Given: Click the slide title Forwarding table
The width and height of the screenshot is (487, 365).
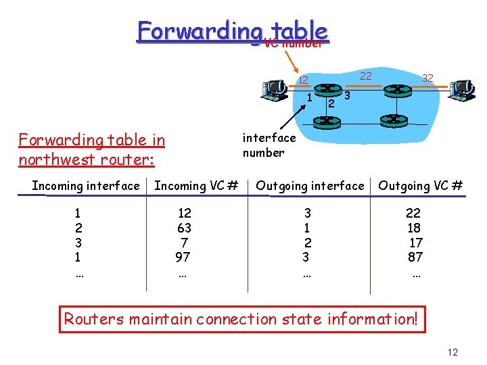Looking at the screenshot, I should click(232, 30).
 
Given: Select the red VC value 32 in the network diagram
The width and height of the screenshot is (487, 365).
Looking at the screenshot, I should click(427, 78).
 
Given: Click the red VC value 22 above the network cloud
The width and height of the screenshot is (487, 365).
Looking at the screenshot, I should click(365, 76).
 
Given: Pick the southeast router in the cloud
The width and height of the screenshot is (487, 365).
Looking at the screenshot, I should click(393, 120).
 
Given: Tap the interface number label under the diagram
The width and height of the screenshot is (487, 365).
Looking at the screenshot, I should click(269, 145).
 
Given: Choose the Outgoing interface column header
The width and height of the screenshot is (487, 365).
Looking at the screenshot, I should click(310, 185).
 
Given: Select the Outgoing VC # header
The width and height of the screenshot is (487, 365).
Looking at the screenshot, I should click(420, 185).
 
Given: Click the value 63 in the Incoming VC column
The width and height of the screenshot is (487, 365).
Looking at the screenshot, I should click(184, 228).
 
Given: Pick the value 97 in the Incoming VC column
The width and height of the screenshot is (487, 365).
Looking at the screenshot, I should click(183, 257).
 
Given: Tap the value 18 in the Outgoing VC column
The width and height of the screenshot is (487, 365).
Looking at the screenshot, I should click(415, 228).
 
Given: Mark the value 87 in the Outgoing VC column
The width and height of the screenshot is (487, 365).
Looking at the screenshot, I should click(415, 257).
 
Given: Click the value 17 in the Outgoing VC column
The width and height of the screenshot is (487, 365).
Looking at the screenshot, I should click(416, 243).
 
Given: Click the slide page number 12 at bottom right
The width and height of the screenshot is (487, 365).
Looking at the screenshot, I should click(453, 352).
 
